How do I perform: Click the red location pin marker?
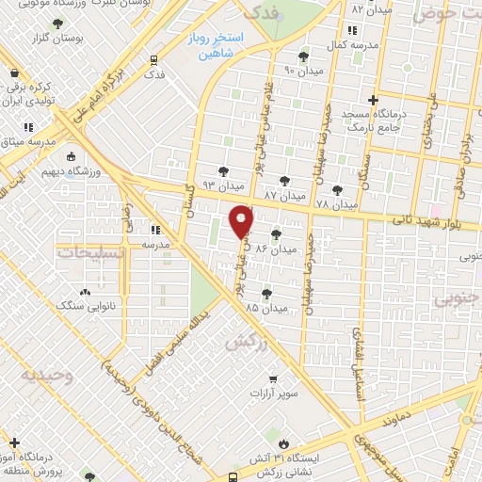click(243, 222)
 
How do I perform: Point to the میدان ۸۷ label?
click(284, 194)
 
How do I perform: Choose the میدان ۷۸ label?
click(336, 203)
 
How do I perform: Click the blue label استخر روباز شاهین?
click(215, 46)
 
